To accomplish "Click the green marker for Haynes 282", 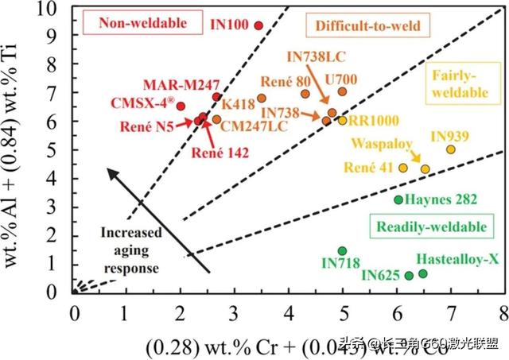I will (x=398, y=199).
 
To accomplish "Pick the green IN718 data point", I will (x=342, y=251).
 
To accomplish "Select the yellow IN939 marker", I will (x=451, y=149).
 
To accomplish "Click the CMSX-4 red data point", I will (x=181, y=106).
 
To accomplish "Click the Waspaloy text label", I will (x=374, y=151).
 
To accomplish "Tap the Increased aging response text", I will (x=131, y=246).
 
